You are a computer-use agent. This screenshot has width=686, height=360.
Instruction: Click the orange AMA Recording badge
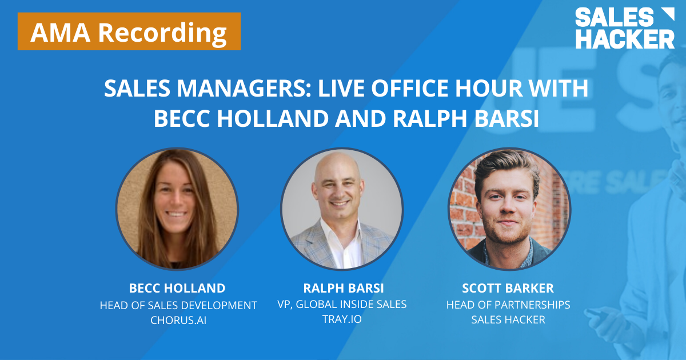click(129, 32)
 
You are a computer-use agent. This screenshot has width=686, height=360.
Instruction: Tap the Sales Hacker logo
click(624, 28)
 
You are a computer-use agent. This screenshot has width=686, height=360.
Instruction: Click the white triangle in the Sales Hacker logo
click(667, 16)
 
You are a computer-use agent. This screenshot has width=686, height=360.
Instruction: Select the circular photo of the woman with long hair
click(177, 209)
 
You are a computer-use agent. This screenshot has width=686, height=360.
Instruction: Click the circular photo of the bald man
click(342, 209)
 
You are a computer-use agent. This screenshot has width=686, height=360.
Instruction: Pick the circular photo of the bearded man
click(508, 209)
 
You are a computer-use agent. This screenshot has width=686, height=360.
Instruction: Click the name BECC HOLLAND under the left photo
click(178, 288)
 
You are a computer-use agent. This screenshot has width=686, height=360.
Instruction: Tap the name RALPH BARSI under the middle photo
click(342, 287)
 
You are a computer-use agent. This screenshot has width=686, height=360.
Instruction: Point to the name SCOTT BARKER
click(508, 288)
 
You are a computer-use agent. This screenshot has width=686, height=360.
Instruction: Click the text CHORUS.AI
click(178, 320)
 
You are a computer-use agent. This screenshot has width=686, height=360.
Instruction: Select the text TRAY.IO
click(342, 319)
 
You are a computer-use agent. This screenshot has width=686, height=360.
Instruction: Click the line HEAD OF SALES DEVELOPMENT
click(178, 305)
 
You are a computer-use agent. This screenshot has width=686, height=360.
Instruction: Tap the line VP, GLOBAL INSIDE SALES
click(342, 304)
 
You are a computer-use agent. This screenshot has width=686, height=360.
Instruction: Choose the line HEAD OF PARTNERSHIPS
click(508, 305)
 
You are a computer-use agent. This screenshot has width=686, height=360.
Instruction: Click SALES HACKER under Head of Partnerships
click(508, 319)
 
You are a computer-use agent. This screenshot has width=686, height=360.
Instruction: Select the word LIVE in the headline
click(341, 90)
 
